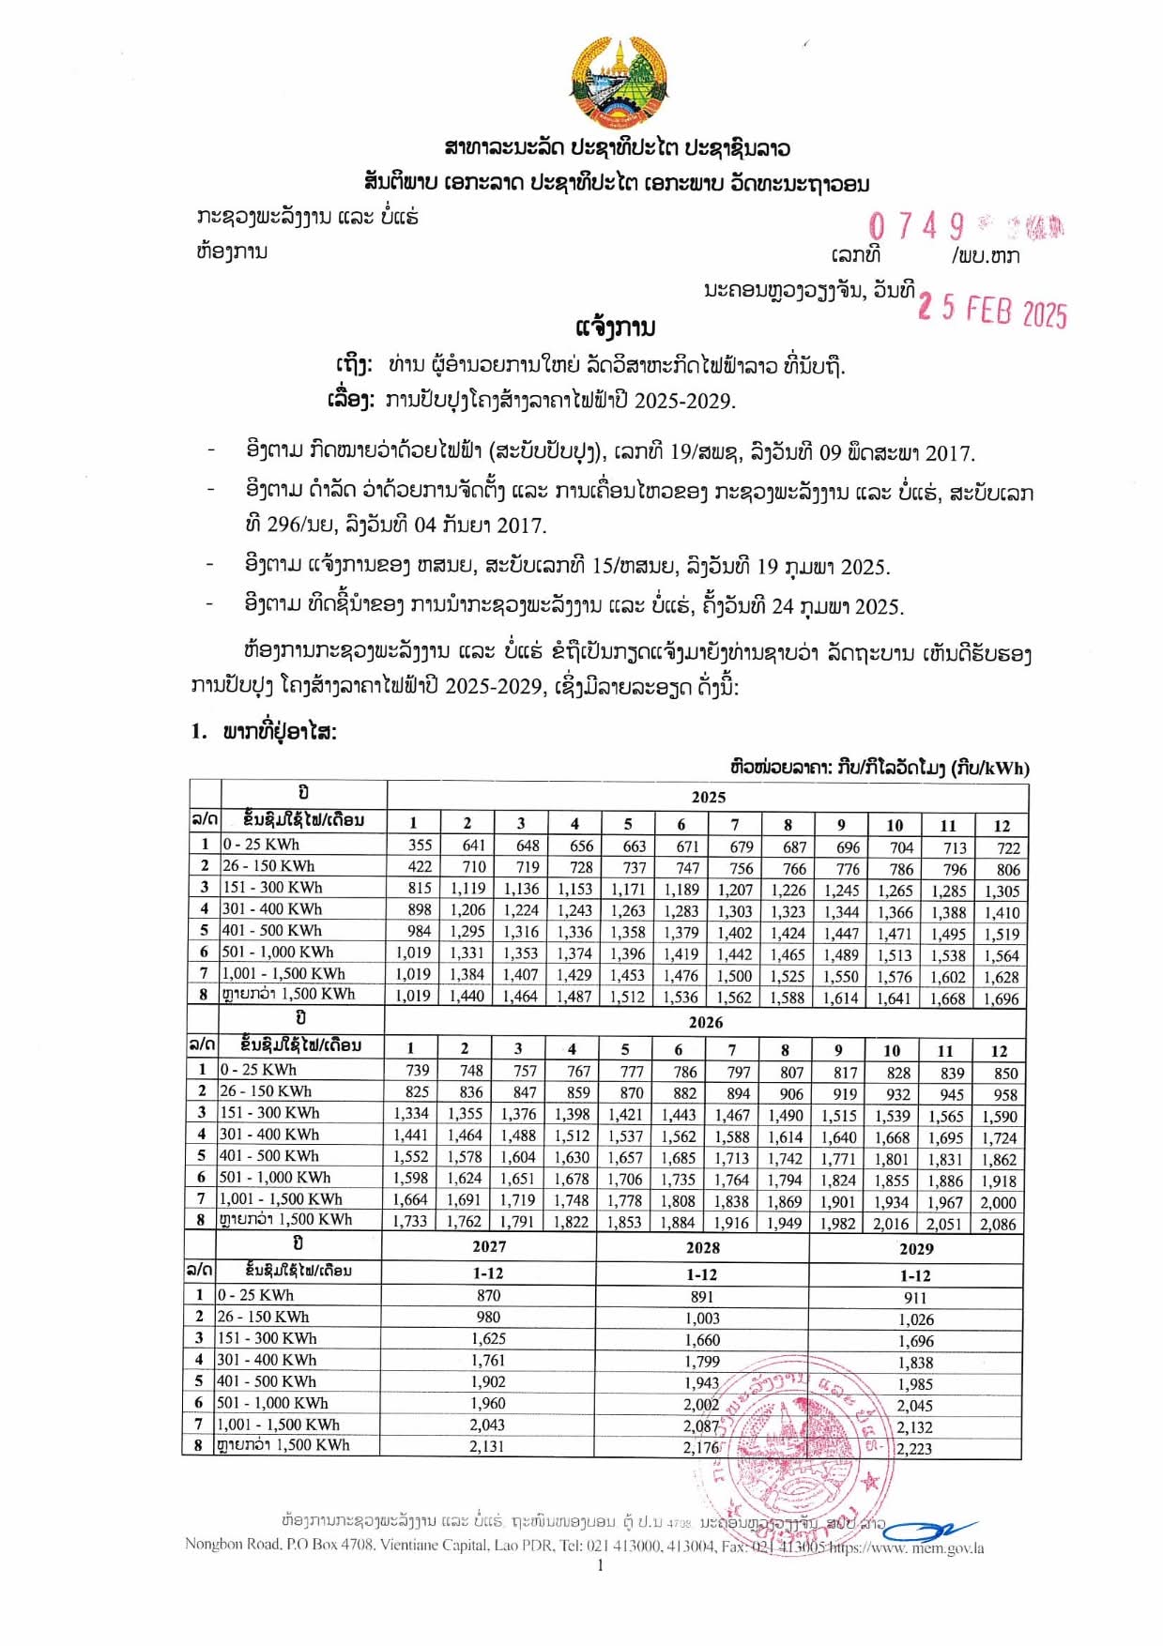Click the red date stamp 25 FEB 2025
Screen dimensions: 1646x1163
[x=992, y=310]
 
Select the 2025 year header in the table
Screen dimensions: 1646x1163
[x=708, y=797]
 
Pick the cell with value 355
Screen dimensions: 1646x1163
[x=420, y=845]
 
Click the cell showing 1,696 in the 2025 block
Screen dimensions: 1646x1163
[x=1001, y=998]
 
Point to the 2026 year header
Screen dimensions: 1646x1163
[x=705, y=1022]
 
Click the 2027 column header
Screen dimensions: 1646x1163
[x=489, y=1246]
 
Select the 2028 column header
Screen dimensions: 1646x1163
[x=702, y=1247]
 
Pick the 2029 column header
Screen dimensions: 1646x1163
[x=916, y=1248]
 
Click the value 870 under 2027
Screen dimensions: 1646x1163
[x=488, y=1295]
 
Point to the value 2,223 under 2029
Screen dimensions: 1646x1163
[x=914, y=1448]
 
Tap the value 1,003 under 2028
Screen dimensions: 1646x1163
[x=702, y=1318]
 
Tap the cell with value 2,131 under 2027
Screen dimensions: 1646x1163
[x=487, y=1446]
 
